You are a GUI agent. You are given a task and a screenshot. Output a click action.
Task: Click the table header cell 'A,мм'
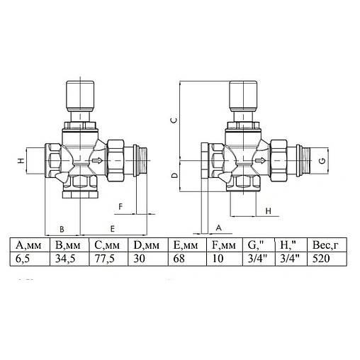tap(29, 246)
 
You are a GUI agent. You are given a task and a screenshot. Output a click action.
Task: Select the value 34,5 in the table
tap(67, 259)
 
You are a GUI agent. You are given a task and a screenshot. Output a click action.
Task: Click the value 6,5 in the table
tap(25, 259)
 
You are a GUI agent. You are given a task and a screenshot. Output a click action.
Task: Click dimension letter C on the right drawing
tap(173, 120)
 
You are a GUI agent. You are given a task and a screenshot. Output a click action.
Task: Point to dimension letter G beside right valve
tap(322, 162)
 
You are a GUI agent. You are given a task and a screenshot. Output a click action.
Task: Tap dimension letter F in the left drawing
tap(121, 207)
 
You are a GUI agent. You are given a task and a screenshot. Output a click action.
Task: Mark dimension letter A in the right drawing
tap(218, 227)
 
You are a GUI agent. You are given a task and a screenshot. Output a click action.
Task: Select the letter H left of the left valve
tap(21, 162)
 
